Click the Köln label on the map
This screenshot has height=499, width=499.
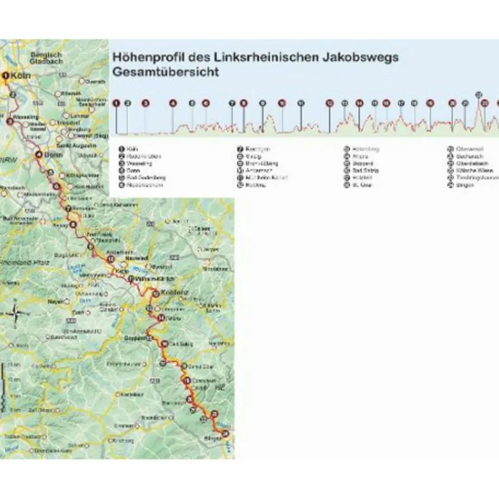click(21, 76)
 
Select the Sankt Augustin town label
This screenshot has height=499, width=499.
click(79, 146)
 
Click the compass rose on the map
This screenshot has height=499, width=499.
click(15, 314)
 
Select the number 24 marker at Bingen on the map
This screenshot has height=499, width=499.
click(225, 433)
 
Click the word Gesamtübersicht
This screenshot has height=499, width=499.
click(166, 72)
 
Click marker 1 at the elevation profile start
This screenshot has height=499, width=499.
click(117, 103)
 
